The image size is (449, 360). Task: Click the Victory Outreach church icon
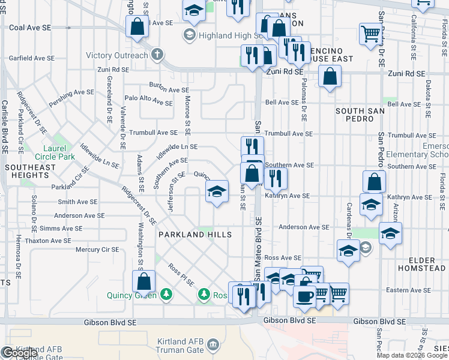(157, 56)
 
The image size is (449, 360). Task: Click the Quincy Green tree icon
(166, 295)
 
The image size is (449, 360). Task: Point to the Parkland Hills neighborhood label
(194, 235)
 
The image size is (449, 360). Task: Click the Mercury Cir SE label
(97, 249)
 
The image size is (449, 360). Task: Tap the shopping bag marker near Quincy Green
(144, 281)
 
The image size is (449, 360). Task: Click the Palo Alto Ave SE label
(148, 100)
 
